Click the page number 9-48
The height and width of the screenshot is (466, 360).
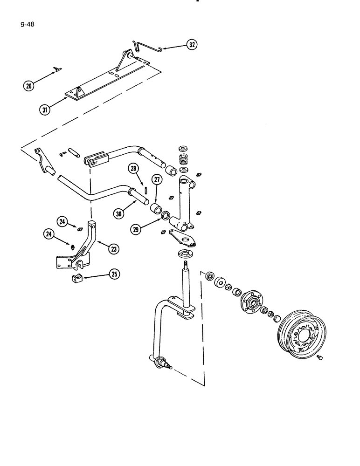[28, 21]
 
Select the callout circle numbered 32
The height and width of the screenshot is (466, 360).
[192, 45]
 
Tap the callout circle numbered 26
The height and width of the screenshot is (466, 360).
[29, 86]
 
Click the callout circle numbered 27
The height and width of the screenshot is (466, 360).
[157, 181]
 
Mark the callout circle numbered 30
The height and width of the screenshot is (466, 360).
[119, 213]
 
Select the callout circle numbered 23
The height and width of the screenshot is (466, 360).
[113, 249]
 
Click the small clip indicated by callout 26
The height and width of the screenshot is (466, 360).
[57, 69]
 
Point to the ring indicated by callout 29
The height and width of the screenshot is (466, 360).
[165, 215]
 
